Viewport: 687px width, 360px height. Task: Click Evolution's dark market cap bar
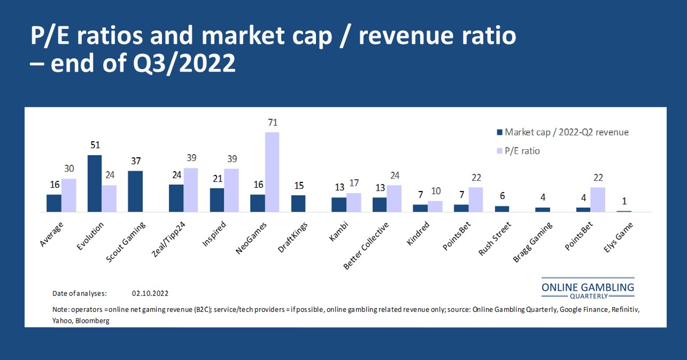pos(95,183)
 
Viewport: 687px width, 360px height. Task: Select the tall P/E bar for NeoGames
pos(272,172)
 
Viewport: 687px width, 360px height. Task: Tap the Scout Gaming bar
pos(135,192)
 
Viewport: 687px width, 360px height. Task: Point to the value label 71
pos(273,123)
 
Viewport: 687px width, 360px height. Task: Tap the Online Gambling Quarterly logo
pos(588,289)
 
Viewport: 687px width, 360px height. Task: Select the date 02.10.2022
pos(150,294)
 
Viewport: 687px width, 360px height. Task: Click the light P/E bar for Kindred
pos(435,206)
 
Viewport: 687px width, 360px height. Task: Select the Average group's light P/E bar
pos(68,195)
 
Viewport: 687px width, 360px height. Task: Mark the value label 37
pos(135,162)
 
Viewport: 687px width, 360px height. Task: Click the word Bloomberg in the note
pos(92,320)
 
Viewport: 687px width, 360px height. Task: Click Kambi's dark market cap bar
pos(339,205)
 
